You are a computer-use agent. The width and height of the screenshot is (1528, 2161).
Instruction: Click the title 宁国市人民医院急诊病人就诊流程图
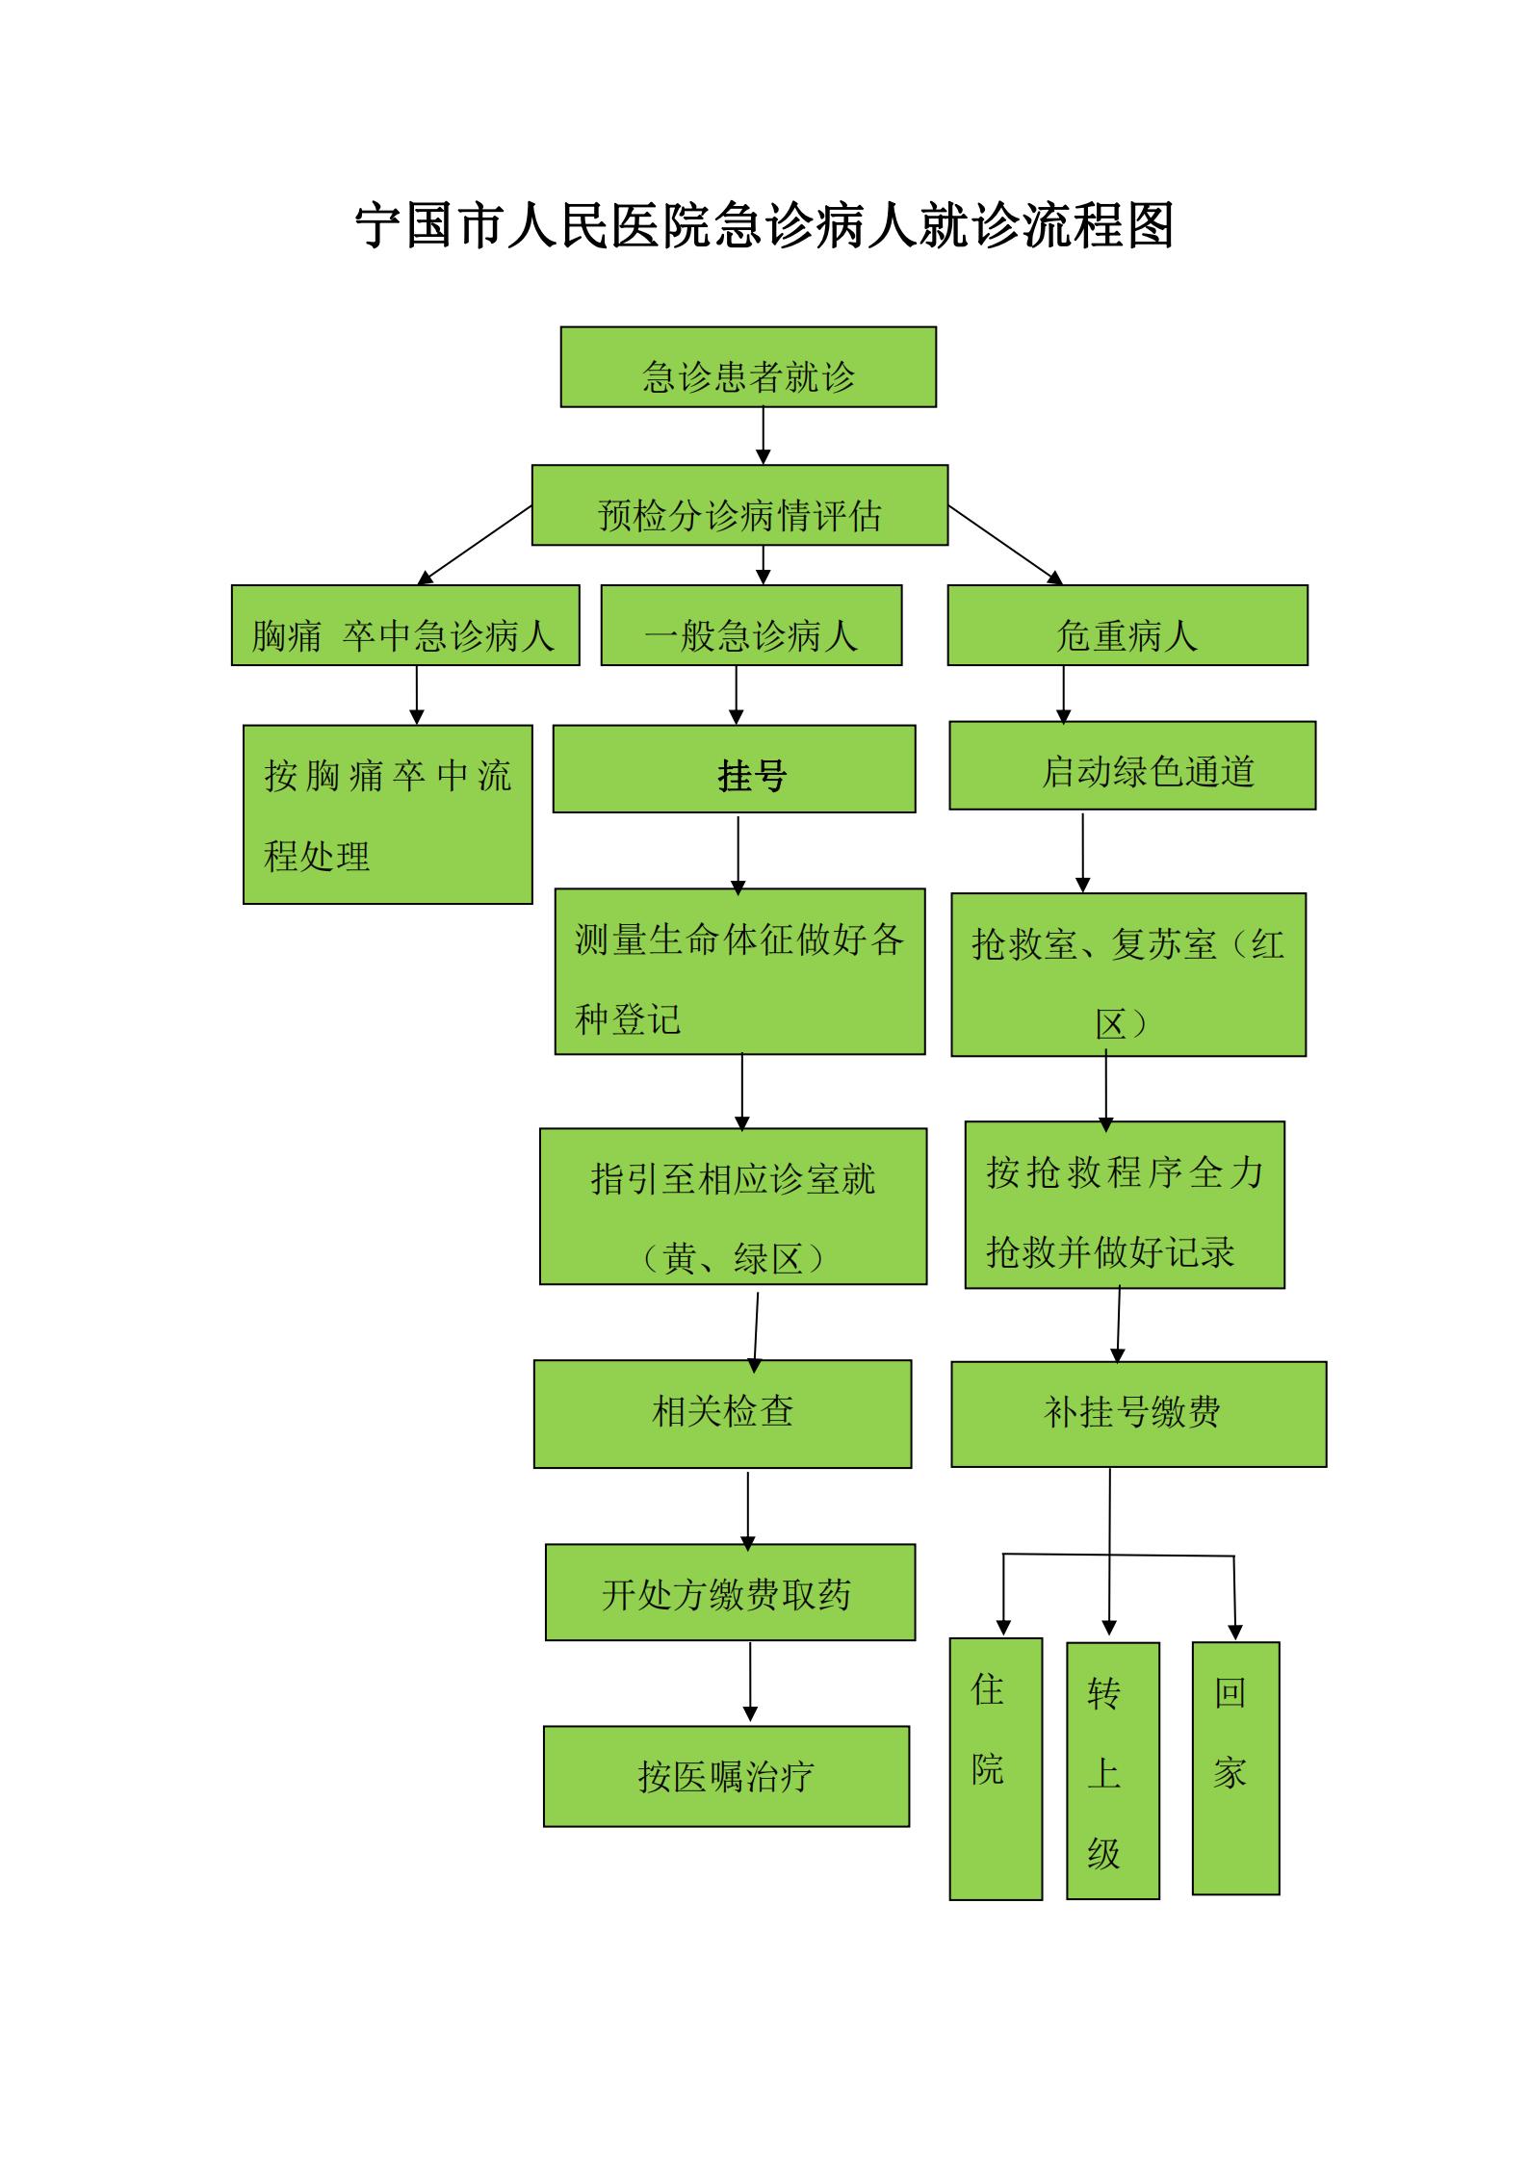(x=764, y=227)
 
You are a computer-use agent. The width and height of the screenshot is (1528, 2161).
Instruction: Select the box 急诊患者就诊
(x=748, y=367)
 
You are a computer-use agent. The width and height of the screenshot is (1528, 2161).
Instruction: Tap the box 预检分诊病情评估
(x=739, y=505)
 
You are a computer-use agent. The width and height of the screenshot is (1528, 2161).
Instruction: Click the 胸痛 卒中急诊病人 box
(x=405, y=626)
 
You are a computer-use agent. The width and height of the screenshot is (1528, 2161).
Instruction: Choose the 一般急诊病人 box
(x=751, y=626)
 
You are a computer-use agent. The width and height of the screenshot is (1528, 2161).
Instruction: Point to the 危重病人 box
(x=1127, y=626)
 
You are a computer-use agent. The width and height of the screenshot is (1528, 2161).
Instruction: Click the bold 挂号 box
(x=734, y=769)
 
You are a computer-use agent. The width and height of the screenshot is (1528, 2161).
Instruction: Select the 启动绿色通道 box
(x=1131, y=766)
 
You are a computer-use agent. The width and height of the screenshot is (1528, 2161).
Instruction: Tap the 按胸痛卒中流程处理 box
(x=387, y=814)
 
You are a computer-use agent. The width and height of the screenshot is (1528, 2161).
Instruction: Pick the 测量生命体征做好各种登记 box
(x=739, y=971)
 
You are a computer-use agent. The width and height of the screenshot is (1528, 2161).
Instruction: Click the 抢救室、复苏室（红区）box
(x=1127, y=975)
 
